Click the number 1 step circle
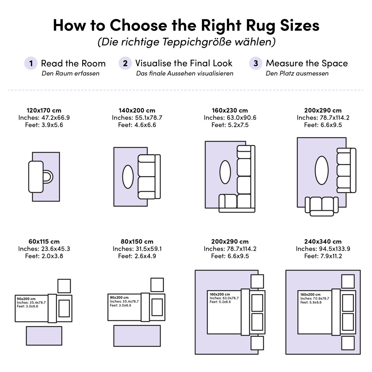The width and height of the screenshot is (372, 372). (31, 63)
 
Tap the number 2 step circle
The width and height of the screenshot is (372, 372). (125, 63)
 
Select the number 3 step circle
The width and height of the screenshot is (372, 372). (256, 63)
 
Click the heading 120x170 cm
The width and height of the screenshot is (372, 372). (44, 110)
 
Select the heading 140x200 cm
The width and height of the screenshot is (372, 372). (137, 110)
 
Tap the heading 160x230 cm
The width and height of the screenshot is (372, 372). (230, 110)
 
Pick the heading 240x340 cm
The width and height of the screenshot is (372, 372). (323, 241)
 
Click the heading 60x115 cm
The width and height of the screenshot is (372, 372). (44, 241)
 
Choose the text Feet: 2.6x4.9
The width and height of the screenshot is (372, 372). (137, 256)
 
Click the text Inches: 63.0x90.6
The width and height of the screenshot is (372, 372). (230, 118)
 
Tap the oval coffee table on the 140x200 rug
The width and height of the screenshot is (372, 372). (128, 177)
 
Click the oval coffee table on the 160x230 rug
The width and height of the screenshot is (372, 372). (225, 172)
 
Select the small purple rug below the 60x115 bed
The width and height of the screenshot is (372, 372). (44, 336)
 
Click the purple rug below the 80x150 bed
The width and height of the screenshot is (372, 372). (137, 336)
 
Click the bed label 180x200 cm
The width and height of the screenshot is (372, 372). (310, 294)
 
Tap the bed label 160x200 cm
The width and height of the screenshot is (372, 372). (220, 294)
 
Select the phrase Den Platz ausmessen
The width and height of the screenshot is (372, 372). (297, 73)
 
